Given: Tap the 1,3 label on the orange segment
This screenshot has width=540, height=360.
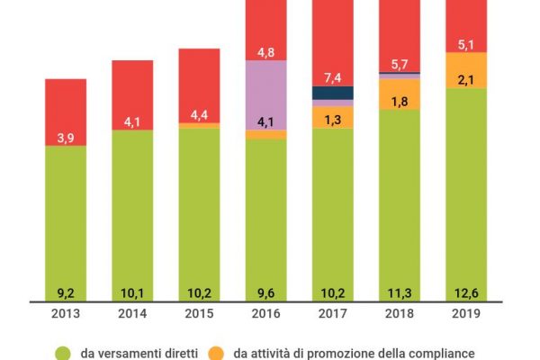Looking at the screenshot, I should [x=332, y=118].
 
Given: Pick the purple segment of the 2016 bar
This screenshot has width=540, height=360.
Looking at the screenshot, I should [x=265, y=90].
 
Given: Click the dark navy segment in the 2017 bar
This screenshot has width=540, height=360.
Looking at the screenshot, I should [x=332, y=93].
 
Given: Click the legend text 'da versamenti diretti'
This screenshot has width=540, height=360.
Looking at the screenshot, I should [x=139, y=353].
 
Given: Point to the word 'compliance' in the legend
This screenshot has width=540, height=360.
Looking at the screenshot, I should [x=440, y=353].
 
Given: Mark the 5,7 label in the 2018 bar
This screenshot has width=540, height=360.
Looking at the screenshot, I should [x=400, y=65].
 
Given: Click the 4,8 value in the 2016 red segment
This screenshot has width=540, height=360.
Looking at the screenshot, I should [x=265, y=51].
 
